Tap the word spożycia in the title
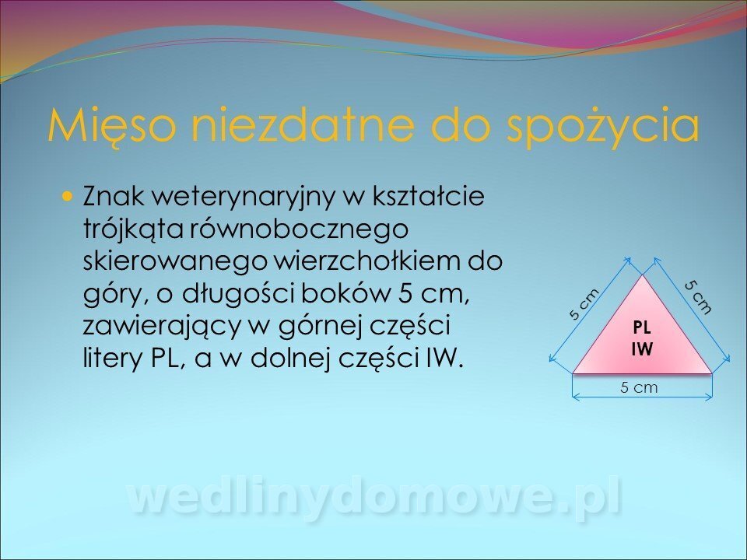pos(603,127)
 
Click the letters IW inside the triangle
pos(642,349)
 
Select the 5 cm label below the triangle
pos(639,387)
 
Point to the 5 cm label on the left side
pos(584,304)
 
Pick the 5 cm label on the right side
pos(699,298)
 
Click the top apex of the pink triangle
pos(643,275)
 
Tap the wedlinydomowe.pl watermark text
pos(375,497)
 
